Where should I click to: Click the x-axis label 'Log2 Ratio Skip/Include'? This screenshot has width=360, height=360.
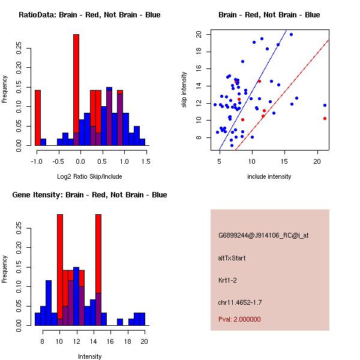pyautogui.click(x=89, y=176)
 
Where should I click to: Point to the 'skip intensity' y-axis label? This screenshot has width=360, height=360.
pyautogui.click(x=185, y=90)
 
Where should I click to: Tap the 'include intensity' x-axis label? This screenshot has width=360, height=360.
pyautogui.click(x=269, y=176)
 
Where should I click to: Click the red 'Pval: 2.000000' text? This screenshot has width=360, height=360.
pyautogui.click(x=239, y=319)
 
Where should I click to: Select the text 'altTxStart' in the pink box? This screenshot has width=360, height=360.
pyautogui.click(x=232, y=258)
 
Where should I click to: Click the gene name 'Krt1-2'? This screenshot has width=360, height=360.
pyautogui.click(x=228, y=280)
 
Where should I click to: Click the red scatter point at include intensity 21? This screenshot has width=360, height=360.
pyautogui.click(x=325, y=118)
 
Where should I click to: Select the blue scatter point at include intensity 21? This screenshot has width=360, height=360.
pyautogui.click(x=325, y=105)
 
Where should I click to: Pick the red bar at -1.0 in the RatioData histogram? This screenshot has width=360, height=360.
pyautogui.click(x=38, y=117)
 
